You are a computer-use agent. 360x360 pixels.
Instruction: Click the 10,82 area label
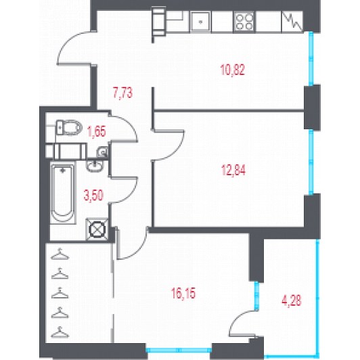click(x=233, y=70)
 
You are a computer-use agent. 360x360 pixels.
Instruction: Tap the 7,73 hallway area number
click(x=122, y=93)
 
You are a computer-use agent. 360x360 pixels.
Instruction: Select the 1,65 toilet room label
click(x=97, y=131)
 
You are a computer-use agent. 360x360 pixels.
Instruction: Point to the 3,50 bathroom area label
click(x=93, y=196)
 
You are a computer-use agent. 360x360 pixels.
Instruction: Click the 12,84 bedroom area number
click(x=233, y=170)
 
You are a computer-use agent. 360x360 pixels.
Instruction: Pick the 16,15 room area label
click(x=183, y=293)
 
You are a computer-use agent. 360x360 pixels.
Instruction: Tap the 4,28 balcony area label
click(x=292, y=300)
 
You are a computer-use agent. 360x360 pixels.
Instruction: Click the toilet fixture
click(x=69, y=127)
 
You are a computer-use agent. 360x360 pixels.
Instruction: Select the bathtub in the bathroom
click(x=63, y=192)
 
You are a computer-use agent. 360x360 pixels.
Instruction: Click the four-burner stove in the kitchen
click(x=244, y=22)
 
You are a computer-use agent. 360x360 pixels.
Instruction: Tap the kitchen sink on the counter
click(x=200, y=22)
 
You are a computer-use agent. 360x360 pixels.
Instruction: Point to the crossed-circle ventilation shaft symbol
click(x=97, y=229)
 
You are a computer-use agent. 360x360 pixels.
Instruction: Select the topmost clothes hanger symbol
click(x=60, y=254)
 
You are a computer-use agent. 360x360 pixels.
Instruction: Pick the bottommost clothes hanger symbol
click(x=60, y=332)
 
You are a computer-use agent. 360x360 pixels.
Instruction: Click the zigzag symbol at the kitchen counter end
click(x=292, y=22)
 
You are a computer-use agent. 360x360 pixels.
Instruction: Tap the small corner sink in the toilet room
click(x=102, y=152)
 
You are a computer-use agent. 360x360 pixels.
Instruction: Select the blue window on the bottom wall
click(x=179, y=350)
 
